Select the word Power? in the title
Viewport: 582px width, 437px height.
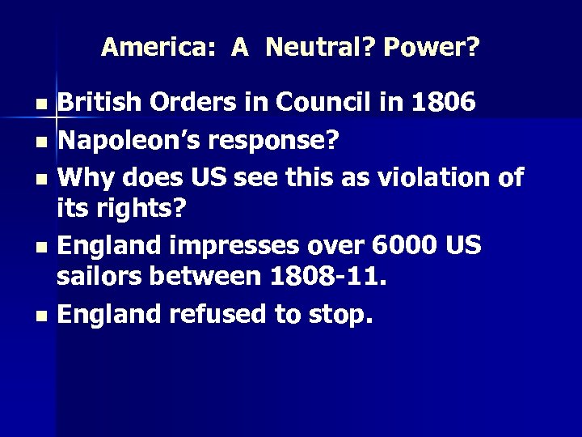[x=432, y=48]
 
